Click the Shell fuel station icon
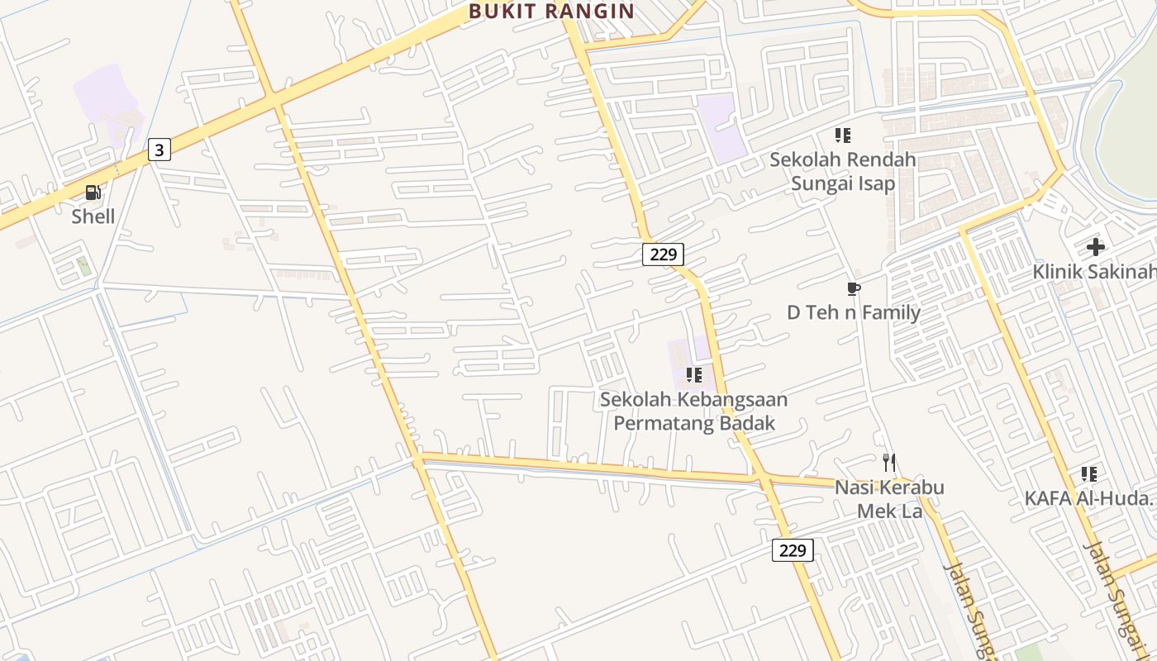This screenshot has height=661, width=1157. click(93, 193)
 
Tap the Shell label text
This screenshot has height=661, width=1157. click(93, 217)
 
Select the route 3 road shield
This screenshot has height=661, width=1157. click(160, 150)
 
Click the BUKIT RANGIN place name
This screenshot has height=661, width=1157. click(551, 12)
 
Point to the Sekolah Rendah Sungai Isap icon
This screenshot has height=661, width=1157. click(842, 135)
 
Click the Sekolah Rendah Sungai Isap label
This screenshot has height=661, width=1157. click(842, 171)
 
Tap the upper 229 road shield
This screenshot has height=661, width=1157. click(663, 254)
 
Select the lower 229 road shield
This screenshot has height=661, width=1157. click(793, 550)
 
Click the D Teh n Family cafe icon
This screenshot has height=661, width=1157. click(854, 288)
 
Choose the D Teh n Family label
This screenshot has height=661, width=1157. click(854, 312)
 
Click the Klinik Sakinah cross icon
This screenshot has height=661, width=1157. click(1095, 246)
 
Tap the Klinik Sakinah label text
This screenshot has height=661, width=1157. click(1094, 271)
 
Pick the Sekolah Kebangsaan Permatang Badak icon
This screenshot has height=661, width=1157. click(694, 375)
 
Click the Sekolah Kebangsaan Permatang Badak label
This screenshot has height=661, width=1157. click(693, 411)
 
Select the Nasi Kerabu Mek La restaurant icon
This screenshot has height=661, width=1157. click(889, 462)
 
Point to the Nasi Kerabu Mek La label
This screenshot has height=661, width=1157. click(889, 499)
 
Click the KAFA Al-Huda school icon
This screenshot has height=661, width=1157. click(1089, 474)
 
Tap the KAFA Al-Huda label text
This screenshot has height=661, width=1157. click(1088, 498)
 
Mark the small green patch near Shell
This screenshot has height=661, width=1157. click(83, 266)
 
